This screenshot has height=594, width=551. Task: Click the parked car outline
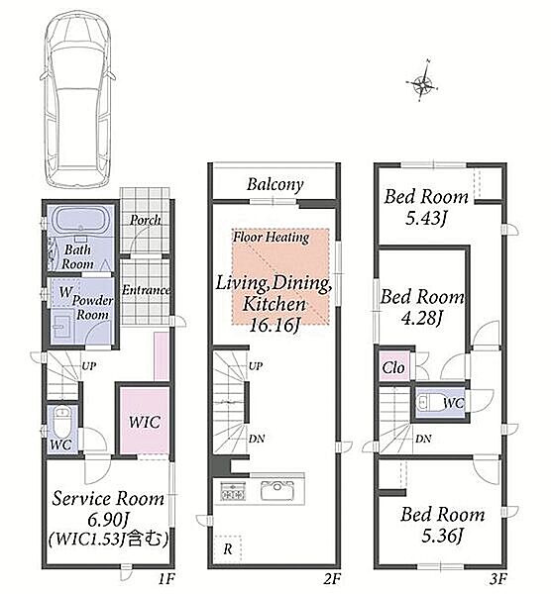point(77,98)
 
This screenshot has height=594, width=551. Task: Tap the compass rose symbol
point(422,82)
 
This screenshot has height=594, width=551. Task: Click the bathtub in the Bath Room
point(81,221)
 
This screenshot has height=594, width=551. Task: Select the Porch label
point(145,220)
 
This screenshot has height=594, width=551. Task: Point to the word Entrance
point(146,290)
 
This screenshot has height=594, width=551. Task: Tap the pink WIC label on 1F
point(144,422)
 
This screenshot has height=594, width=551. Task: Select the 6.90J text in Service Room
point(107,519)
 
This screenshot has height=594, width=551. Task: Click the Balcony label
point(275,185)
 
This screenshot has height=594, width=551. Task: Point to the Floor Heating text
point(271,238)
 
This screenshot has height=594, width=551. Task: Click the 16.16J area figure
point(274,325)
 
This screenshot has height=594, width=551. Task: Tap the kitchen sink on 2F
point(276,491)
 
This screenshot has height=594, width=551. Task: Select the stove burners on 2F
point(233,491)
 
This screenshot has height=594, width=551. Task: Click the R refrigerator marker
point(228,549)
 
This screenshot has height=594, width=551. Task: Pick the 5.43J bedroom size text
point(425,218)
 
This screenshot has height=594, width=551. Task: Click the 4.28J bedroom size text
point(421,318)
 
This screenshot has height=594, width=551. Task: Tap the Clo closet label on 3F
point(393,367)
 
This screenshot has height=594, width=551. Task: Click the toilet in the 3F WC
point(427,402)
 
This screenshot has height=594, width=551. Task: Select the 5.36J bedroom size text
point(442,536)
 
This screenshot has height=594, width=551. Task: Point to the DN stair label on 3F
point(423,439)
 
